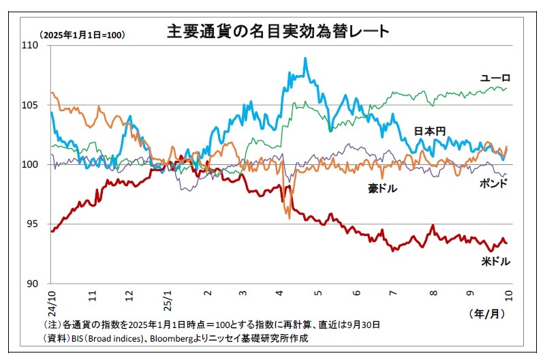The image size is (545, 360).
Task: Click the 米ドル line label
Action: point(496,260)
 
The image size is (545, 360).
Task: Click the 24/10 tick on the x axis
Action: point(50,298)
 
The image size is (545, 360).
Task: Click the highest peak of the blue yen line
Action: point(305,59)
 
